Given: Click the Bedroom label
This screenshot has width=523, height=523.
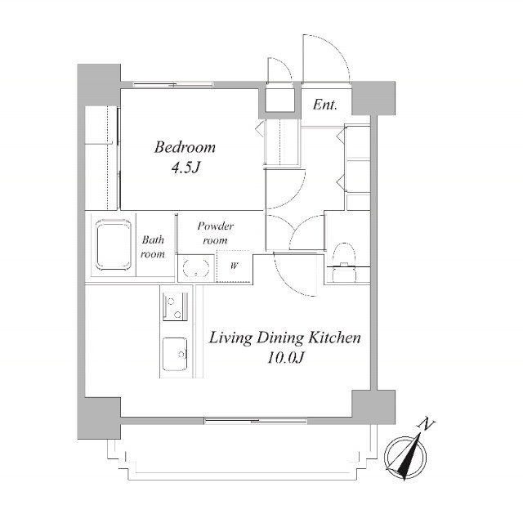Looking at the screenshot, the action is (x=185, y=147).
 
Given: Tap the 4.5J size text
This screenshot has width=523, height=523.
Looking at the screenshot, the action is (x=186, y=168).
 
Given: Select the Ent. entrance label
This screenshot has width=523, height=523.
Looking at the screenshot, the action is (x=325, y=105).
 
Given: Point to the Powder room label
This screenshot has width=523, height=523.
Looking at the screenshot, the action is (x=215, y=233).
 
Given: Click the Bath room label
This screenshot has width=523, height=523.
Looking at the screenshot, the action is (x=153, y=247).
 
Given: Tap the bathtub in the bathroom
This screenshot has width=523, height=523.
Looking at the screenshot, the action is (x=113, y=245).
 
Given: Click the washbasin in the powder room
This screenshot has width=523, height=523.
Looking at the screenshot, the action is (x=196, y=267).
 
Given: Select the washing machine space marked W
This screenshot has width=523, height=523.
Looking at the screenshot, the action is (x=234, y=266).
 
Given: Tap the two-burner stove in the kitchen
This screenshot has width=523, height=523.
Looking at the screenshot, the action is (x=176, y=306).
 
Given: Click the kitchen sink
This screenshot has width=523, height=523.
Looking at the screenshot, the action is (x=175, y=354).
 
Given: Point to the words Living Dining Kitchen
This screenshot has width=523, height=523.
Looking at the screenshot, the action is (x=284, y=337).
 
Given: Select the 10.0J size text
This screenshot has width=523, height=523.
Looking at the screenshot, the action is (x=285, y=358).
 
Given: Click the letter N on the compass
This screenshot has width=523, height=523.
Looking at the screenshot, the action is (x=426, y=424).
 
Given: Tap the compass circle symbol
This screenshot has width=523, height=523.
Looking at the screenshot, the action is (x=405, y=457).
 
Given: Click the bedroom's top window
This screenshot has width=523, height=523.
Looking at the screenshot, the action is (x=173, y=84).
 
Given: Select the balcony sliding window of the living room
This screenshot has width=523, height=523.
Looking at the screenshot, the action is (x=256, y=421).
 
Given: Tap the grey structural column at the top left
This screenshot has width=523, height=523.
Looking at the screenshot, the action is (x=99, y=85).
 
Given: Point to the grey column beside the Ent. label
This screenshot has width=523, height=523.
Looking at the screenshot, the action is (x=373, y=98).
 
